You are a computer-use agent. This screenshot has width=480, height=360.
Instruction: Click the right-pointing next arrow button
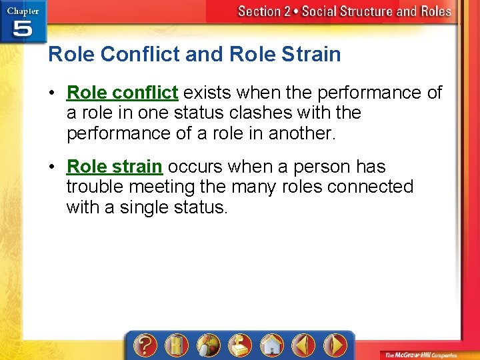pyautogui.click(x=335, y=345)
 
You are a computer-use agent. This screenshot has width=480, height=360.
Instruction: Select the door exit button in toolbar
pyautogui.click(x=176, y=345)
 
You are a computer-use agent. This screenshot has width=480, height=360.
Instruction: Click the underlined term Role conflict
pyautogui.click(x=123, y=92)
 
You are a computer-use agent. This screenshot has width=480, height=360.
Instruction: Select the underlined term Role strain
pyautogui.click(x=115, y=166)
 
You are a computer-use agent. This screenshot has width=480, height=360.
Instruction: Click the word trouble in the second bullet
pyautogui.click(x=95, y=187)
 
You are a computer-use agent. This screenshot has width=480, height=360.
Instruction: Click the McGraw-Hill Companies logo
pyautogui.click(x=428, y=353)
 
